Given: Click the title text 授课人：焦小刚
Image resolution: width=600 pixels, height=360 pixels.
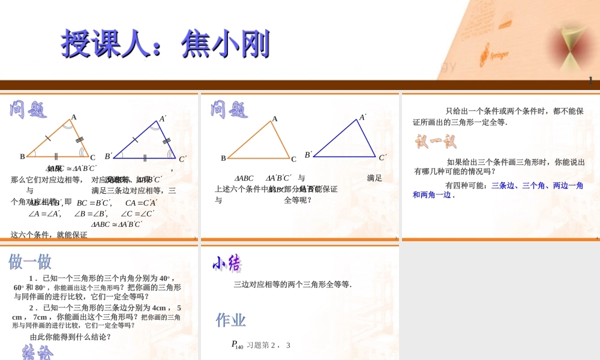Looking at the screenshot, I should click(x=165, y=44).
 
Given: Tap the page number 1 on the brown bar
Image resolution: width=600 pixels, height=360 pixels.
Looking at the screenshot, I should click(x=591, y=81).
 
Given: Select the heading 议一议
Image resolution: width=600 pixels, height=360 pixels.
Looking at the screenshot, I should click(x=435, y=142).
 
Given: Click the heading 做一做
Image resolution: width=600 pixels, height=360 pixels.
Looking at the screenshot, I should click(x=30, y=262).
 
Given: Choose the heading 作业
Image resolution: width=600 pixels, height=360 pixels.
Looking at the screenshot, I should click(x=231, y=320).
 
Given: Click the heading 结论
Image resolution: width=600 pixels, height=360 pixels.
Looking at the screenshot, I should click(x=37, y=352).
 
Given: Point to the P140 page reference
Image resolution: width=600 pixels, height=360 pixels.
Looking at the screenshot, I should click(x=237, y=345).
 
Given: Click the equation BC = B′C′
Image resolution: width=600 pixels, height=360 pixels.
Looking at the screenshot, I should click(x=94, y=202).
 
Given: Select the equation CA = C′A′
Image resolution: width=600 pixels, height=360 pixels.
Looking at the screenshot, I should click(x=141, y=202).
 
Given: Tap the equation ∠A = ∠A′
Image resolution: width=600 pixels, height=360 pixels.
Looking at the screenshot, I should click(x=44, y=213).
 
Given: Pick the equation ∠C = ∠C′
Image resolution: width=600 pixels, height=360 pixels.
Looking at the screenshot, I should click(x=137, y=213).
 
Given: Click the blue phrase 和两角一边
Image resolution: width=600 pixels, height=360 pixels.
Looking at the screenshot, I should click(x=432, y=194).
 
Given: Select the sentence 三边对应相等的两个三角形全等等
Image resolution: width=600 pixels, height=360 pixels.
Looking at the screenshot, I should click(x=292, y=284).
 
